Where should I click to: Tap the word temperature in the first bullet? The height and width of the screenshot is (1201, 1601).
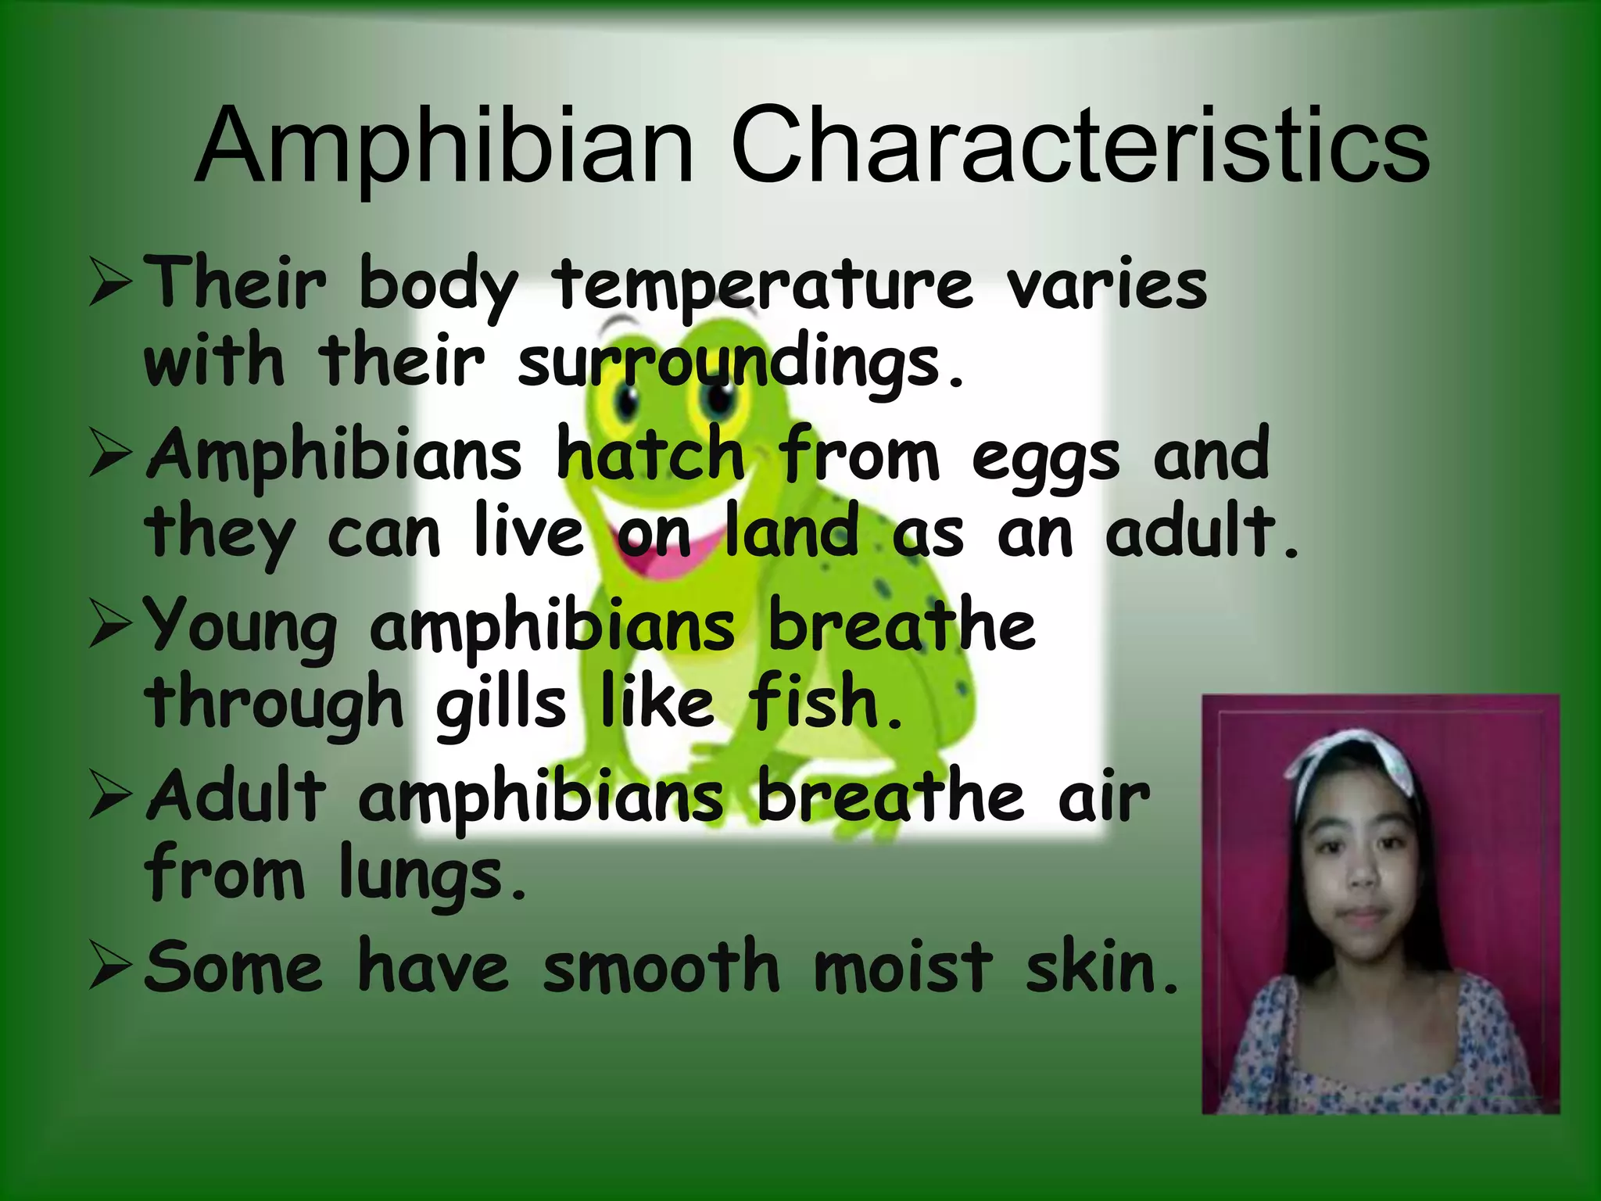763,286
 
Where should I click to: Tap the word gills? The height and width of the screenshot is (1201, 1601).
500,704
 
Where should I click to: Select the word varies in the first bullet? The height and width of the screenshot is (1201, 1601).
1107,286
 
